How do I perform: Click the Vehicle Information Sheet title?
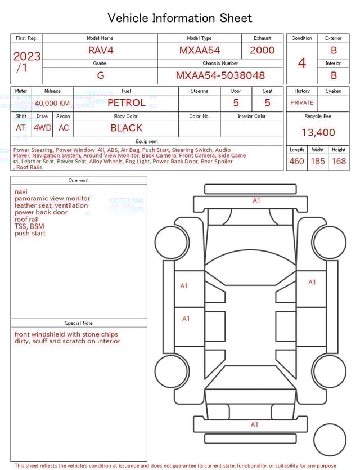tap(179, 18)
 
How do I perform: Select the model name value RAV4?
tap(100, 50)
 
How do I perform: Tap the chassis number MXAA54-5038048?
tap(220, 75)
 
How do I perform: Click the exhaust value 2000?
tap(262, 50)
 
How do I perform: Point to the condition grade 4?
tap(301, 62)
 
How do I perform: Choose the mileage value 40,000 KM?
tap(52, 103)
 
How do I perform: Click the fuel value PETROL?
tap(126, 102)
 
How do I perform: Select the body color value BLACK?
tap(126, 128)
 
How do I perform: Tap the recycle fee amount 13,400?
tap(318, 132)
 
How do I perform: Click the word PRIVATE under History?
tap(302, 102)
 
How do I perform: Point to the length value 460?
tap(296, 161)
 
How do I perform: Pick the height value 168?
tap(339, 161)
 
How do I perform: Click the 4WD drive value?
tap(42, 128)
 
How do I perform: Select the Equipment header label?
tap(147, 141)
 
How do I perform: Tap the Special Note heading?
tap(79, 323)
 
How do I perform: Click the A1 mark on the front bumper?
tap(256, 200)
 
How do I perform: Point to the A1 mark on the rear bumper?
tap(254, 424)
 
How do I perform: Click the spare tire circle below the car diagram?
tap(330, 439)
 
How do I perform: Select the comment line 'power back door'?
tap(41, 212)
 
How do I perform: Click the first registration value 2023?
tap(26, 56)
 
